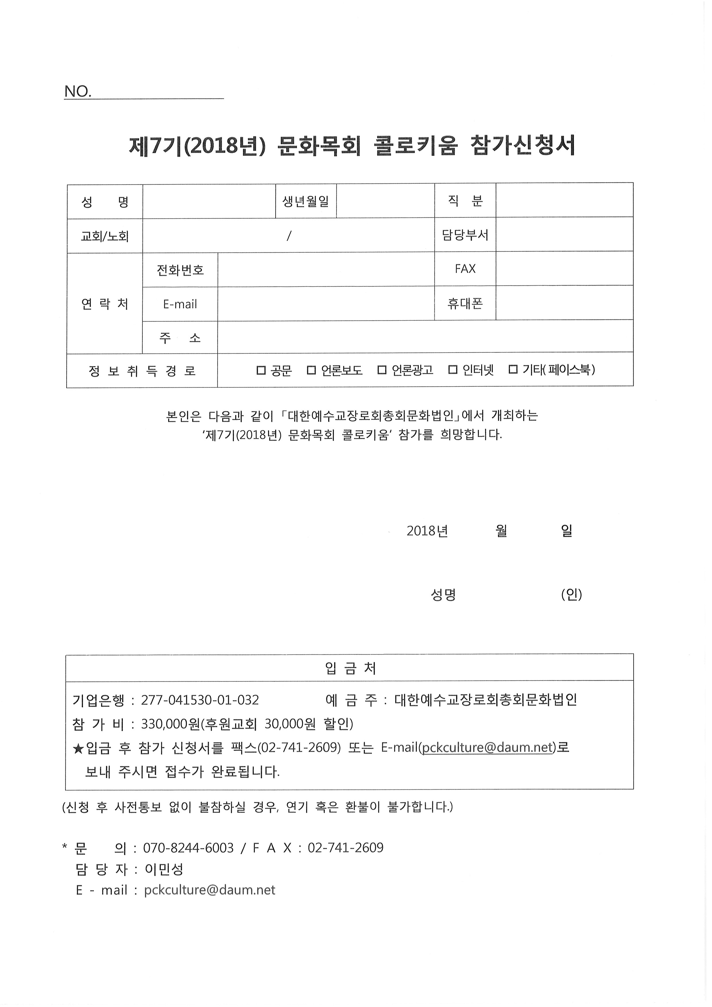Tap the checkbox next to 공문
tap(261, 370)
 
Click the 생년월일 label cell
tap(305, 201)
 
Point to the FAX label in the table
tap(465, 268)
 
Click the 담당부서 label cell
tap(465, 235)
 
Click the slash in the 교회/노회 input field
tap(289, 236)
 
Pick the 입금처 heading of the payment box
tap(350, 669)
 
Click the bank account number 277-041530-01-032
tap(200, 700)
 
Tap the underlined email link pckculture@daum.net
tap(487, 748)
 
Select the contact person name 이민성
tap(164, 869)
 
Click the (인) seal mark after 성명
tap(571, 595)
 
